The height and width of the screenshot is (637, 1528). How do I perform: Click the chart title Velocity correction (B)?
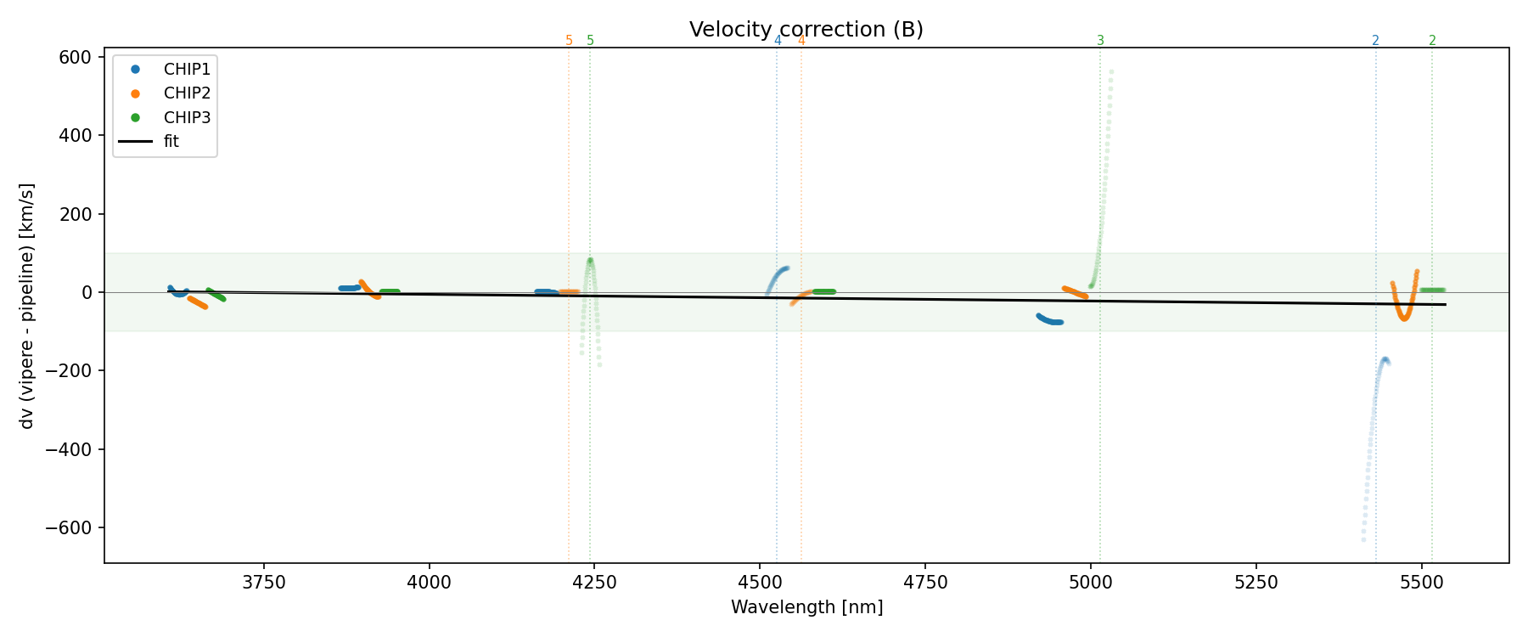pyautogui.click(x=806, y=30)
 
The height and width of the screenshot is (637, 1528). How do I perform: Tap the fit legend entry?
pyautogui.click(x=171, y=142)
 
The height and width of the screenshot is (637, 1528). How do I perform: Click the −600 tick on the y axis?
pyautogui.click(x=70, y=527)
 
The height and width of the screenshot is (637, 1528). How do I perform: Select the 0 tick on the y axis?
pyautogui.click(x=87, y=292)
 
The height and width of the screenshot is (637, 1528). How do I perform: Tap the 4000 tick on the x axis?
pyautogui.click(x=429, y=582)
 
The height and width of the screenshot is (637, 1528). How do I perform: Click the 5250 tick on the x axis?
pyautogui.click(x=1256, y=582)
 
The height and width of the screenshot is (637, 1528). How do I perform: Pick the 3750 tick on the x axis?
pyautogui.click(x=264, y=582)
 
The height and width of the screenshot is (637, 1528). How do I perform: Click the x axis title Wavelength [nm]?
pyautogui.click(x=806, y=607)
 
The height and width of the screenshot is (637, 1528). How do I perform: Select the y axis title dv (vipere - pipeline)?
pyautogui.click(x=27, y=306)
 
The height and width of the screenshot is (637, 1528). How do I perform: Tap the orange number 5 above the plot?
pyautogui.click(x=569, y=41)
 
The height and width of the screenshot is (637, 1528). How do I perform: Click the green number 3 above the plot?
pyautogui.click(x=1100, y=41)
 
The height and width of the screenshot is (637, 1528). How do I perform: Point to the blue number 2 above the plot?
pyautogui.click(x=1375, y=41)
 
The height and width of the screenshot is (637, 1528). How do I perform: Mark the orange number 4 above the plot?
pyautogui.click(x=801, y=41)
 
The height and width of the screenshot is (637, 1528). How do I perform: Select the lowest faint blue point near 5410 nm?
pyautogui.click(x=1363, y=539)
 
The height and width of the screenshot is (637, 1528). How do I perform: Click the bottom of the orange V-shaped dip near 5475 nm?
pyautogui.click(x=1404, y=318)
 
